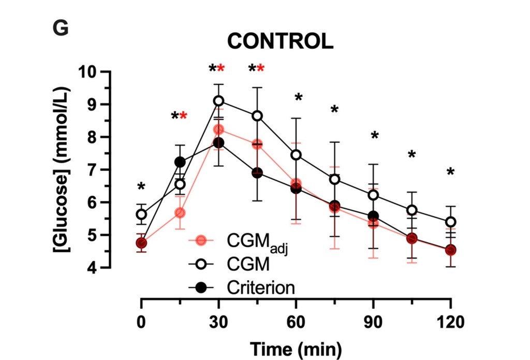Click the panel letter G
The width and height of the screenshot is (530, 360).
tap(61, 28)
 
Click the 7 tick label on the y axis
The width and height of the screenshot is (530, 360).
tap(92, 170)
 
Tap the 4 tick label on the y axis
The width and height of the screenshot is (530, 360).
tap(92, 268)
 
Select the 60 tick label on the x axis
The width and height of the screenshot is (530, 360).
tap(296, 322)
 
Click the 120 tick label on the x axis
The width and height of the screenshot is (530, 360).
tap(450, 322)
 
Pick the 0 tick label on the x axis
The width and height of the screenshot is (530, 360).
tap(141, 322)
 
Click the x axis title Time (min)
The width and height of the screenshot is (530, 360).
tap(296, 349)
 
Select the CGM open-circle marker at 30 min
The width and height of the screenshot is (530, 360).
tap(218, 100)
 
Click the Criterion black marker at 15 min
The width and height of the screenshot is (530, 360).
tap(180, 162)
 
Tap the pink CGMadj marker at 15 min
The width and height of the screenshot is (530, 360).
tap(180, 213)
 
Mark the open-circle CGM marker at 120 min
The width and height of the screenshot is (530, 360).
tap(450, 222)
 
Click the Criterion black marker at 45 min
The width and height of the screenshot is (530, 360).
tap(257, 172)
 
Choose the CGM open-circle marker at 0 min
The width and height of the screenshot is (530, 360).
tap(141, 214)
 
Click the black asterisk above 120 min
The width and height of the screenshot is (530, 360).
tap(450, 172)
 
